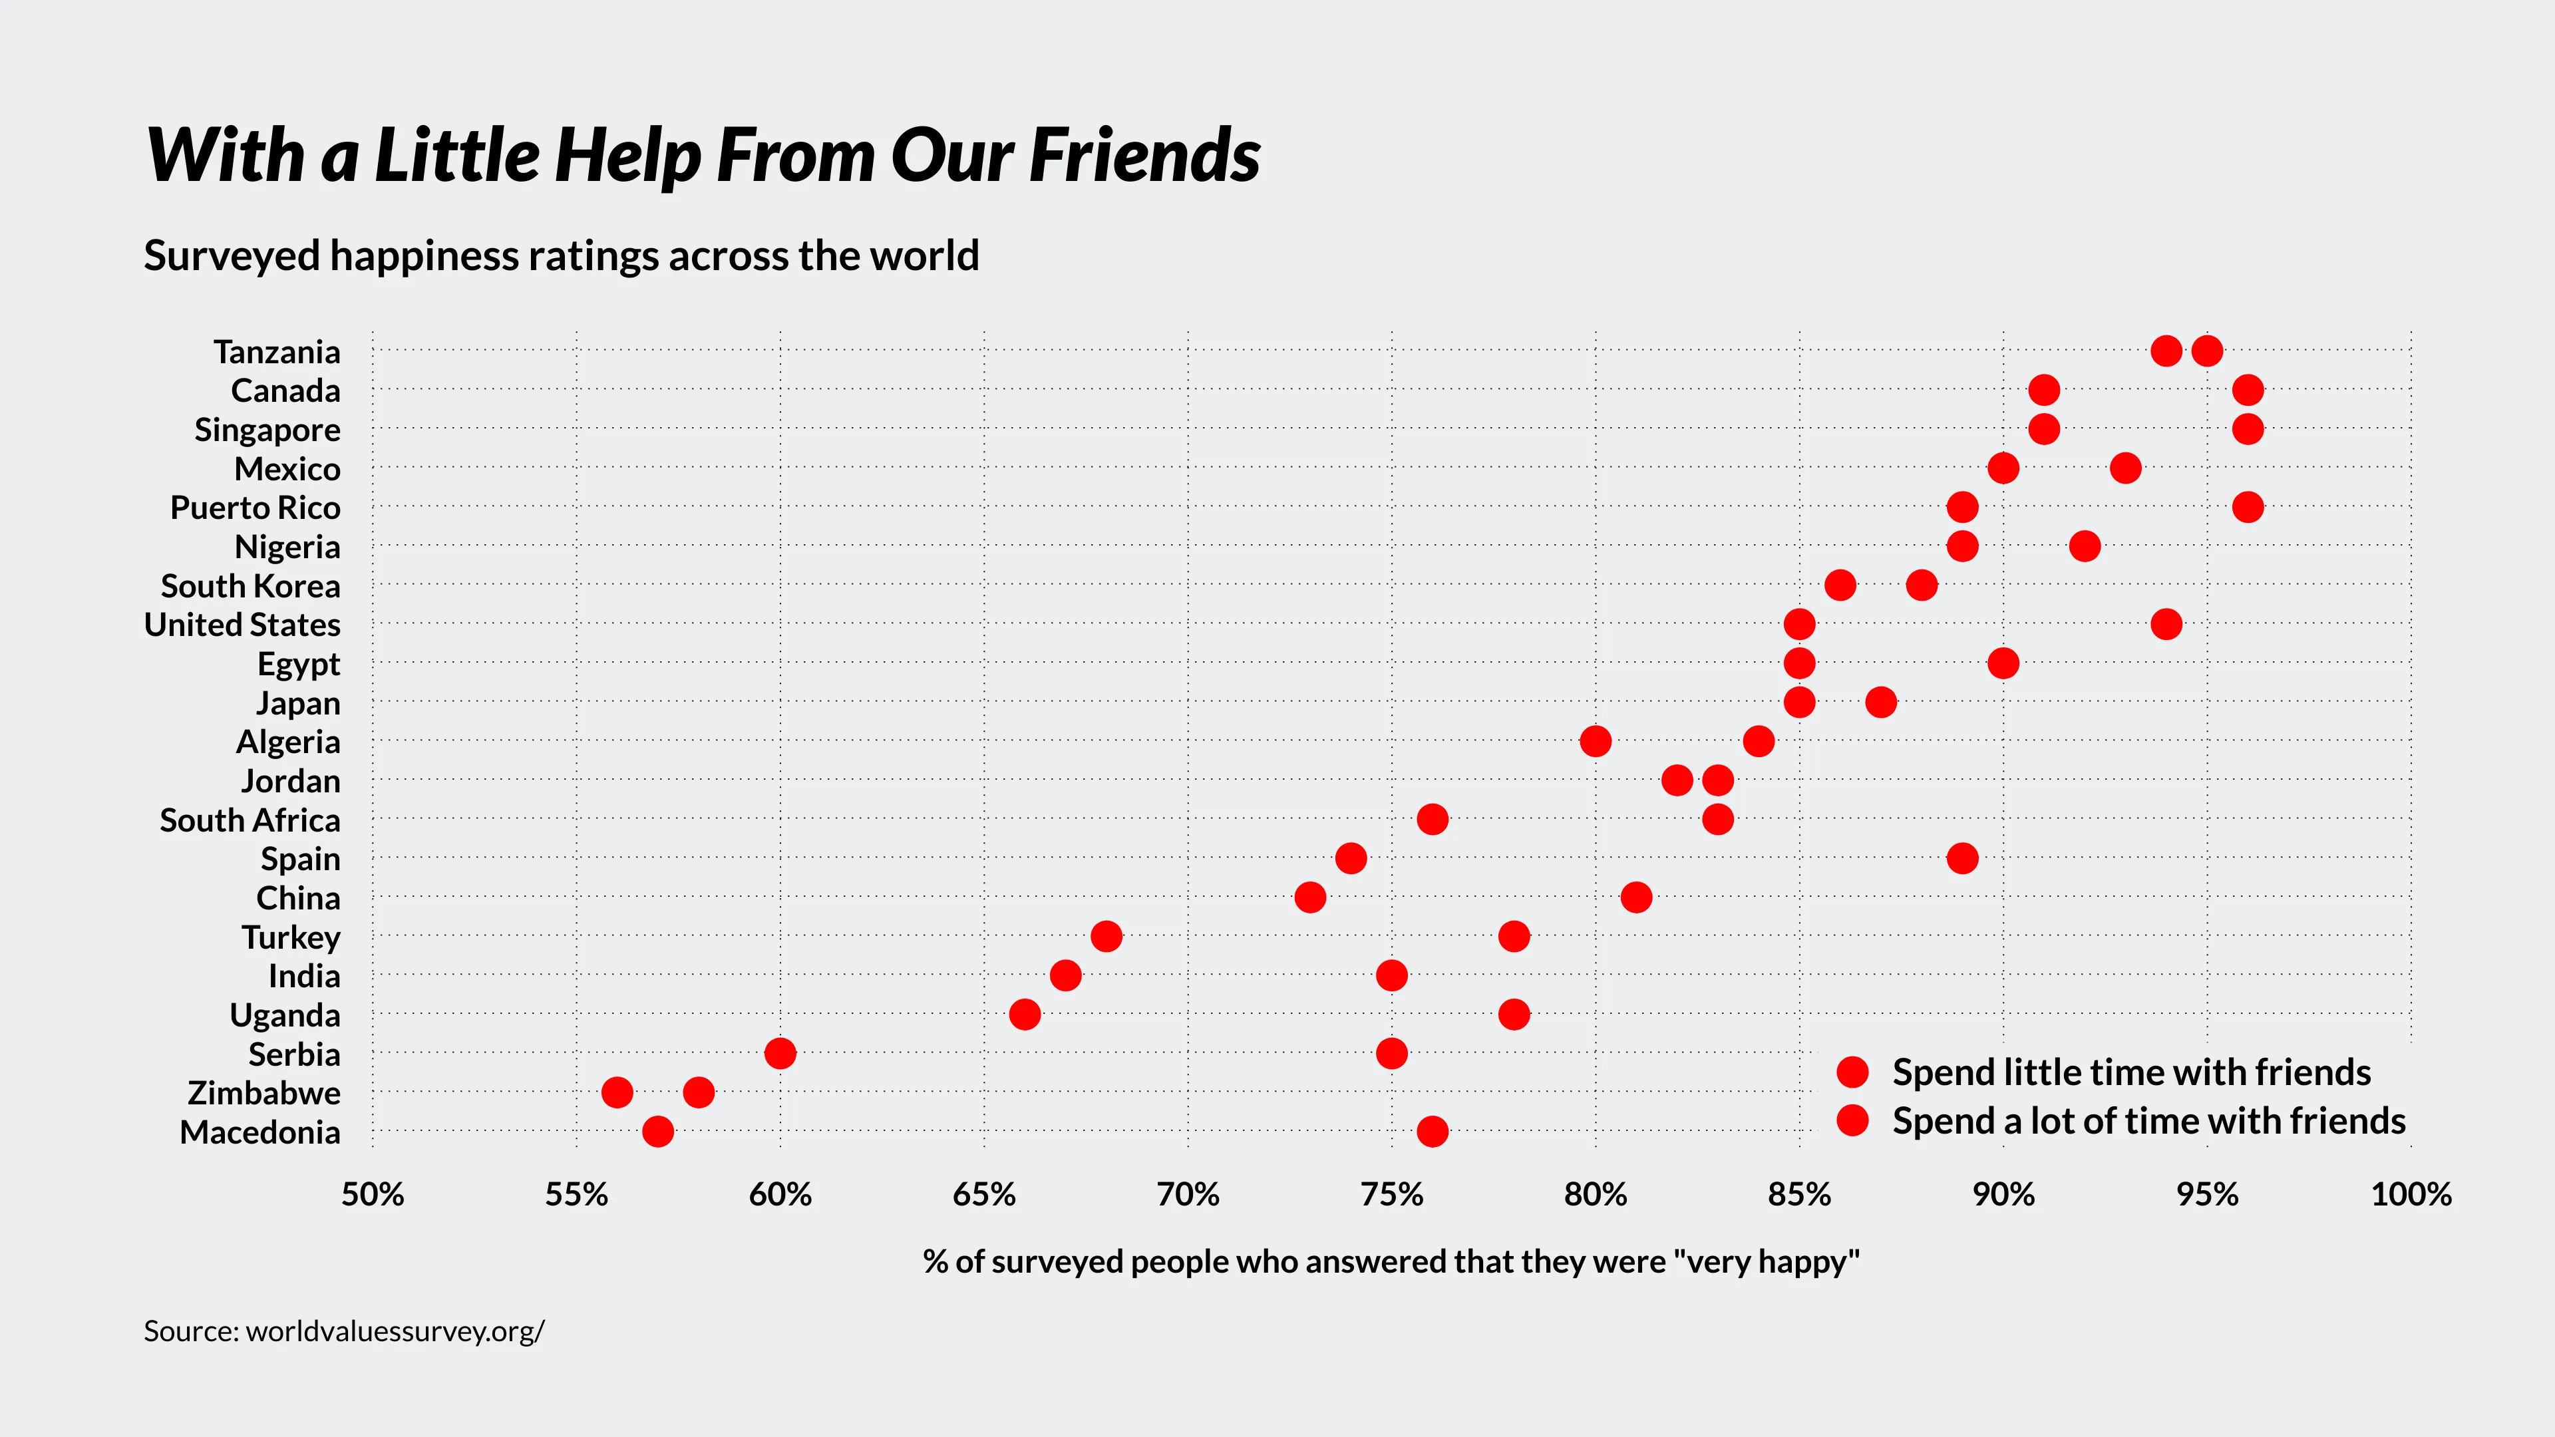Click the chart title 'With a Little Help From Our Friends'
702,156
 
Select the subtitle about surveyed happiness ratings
562,256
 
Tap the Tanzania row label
277,352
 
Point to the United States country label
242,625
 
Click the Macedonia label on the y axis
260,1132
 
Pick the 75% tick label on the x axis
1391,1195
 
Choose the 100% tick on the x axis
2410,1195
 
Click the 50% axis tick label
373,1195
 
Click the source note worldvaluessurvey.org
344,1331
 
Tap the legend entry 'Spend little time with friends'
2130,1072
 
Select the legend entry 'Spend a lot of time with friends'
2148,1120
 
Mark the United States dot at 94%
2166,625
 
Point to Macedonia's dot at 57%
657,1132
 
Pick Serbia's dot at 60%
780,1053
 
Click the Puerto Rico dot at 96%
2248,507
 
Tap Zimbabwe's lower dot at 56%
617,1093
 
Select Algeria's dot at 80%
1595,741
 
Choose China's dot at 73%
1310,897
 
